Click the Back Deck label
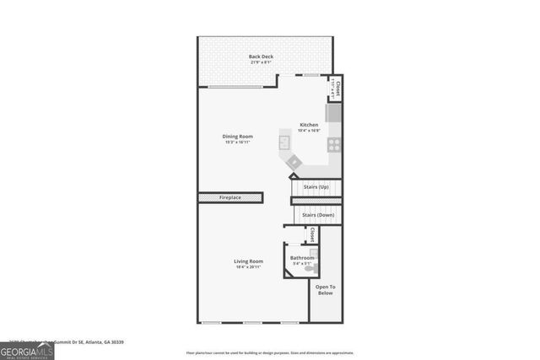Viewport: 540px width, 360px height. point(261,56)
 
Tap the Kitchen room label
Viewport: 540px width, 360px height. point(309,125)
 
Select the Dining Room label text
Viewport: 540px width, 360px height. point(239,136)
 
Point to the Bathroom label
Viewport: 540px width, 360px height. point(301,257)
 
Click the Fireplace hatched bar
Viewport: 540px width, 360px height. point(230,197)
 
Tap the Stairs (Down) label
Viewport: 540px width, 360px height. point(319,215)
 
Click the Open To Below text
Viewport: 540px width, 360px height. point(325,289)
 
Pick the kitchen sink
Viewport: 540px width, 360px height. point(285,143)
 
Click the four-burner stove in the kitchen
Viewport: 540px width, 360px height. point(333,144)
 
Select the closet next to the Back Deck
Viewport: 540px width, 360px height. point(336,89)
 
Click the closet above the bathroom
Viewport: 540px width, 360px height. point(312,234)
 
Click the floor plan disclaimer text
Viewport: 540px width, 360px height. point(270,353)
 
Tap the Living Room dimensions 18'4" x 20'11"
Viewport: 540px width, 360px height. point(248,267)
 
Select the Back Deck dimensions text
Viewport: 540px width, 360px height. point(261,62)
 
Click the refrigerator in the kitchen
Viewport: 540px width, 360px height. point(333,112)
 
